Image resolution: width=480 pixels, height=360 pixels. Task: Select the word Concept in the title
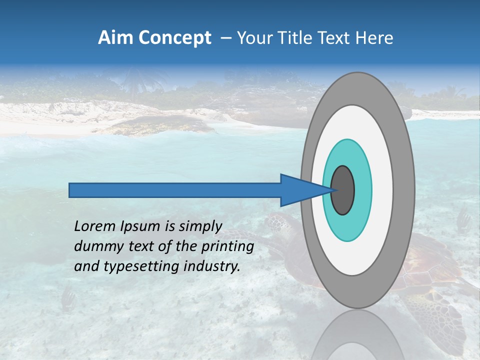point(174,38)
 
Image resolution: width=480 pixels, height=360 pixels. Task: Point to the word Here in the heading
point(374,38)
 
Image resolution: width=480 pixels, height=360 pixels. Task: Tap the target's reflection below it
point(357,335)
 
